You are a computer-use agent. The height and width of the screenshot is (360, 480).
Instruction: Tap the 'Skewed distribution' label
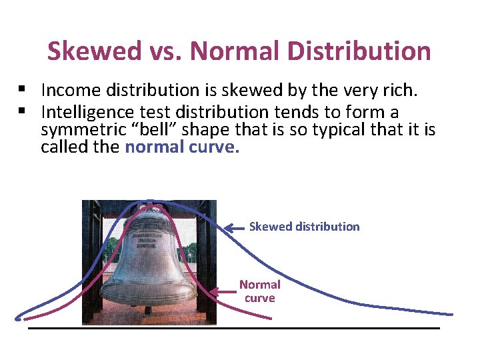[x=304, y=227]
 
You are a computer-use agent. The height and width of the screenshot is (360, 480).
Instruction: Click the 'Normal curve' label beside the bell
[x=260, y=291]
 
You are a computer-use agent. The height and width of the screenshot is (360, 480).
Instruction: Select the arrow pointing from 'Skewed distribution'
[x=235, y=227]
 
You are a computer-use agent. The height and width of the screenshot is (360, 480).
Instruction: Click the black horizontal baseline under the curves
[x=233, y=328]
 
